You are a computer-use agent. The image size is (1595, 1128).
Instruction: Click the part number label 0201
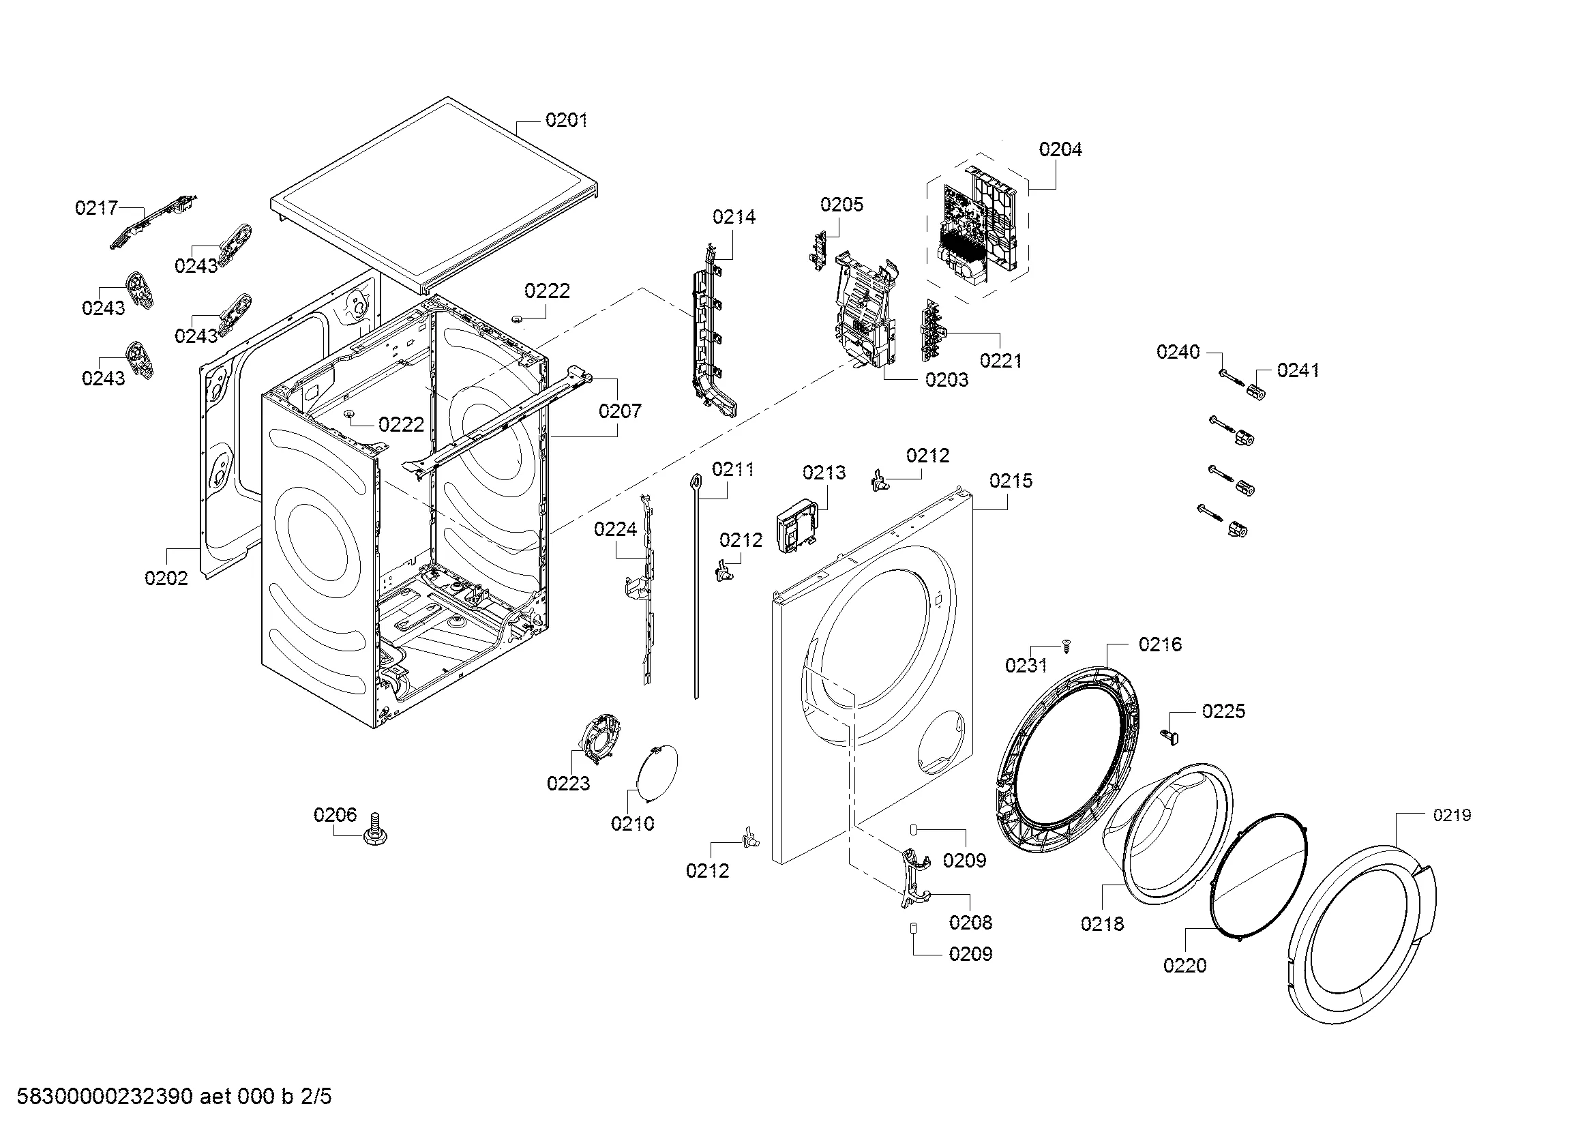(x=566, y=120)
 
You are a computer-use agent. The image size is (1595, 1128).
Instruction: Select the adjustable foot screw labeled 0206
(x=375, y=830)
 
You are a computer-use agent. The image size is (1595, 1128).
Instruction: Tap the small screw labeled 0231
(x=1067, y=647)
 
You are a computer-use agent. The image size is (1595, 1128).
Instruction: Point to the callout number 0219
(x=1452, y=815)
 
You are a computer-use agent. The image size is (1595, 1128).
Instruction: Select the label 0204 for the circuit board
(x=1060, y=149)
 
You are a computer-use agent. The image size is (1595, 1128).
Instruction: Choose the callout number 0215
(x=1011, y=481)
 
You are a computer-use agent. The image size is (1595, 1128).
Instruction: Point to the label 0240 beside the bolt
(x=1178, y=352)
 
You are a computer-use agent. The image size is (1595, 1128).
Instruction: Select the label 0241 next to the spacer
(x=1298, y=370)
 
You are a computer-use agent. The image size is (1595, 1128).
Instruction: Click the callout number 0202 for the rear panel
(x=166, y=578)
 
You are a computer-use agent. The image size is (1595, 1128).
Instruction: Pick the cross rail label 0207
(x=620, y=411)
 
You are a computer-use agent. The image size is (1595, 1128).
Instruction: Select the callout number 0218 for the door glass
(x=1102, y=924)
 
